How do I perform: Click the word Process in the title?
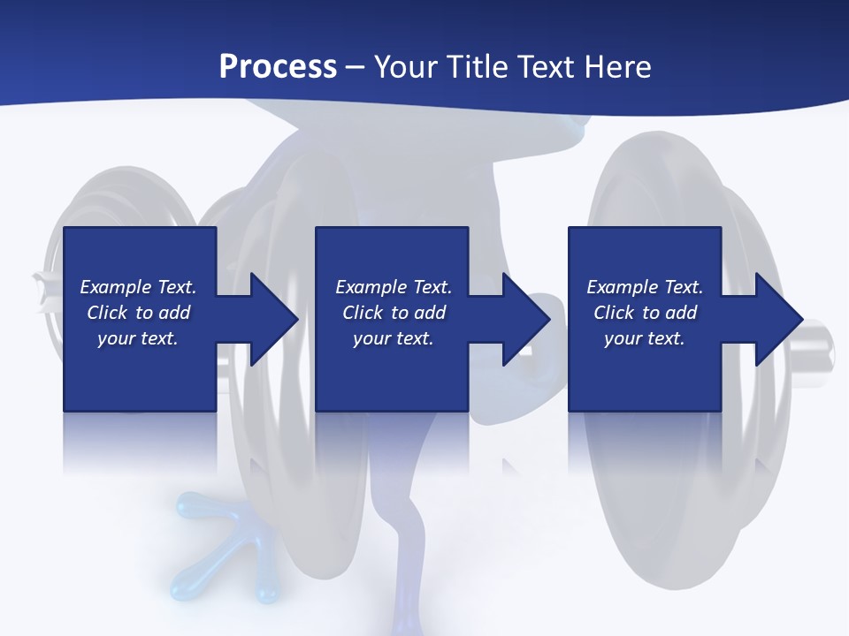(278, 67)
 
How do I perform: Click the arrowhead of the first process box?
(274, 319)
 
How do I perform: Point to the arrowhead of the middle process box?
(526, 319)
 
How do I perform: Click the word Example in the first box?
(116, 287)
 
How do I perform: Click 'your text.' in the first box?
(138, 338)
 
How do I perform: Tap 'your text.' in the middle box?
(394, 338)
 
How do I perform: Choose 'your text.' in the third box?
(645, 338)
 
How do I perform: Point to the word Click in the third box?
(615, 313)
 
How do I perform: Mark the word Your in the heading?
(405, 67)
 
